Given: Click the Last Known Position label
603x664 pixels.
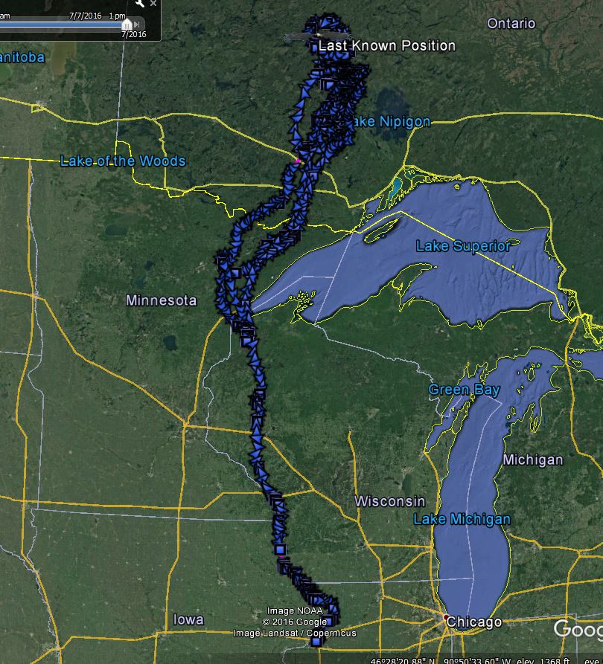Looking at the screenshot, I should pos(386,46).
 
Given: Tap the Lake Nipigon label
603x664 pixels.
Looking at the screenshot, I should pos(389,121).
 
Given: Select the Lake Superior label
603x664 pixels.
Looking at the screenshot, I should pos(463,246).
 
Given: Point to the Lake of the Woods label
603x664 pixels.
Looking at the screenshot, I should pos(123,161).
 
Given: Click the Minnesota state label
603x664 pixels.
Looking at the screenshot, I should pos(161,300).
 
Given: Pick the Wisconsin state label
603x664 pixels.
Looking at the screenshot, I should pos(389,501).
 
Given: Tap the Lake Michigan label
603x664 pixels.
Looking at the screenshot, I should pos(462,519).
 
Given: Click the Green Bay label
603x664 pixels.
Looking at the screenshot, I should pos(459,390).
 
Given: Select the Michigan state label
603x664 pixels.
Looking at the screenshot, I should pos(532,460).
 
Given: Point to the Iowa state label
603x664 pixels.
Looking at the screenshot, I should pos(188,619).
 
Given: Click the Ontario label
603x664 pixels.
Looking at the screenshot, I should pos(511,24).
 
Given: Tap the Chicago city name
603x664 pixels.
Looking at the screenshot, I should pos(475,622).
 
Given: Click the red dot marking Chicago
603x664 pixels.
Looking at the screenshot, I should pos(446,618).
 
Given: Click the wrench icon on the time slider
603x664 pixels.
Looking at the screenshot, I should pos(139,4).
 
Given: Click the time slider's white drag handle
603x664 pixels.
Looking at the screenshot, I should pos(127,25).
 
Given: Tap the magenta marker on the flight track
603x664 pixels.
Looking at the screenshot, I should pos(298,160).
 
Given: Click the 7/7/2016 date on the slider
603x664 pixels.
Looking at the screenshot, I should pos(86,15).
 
